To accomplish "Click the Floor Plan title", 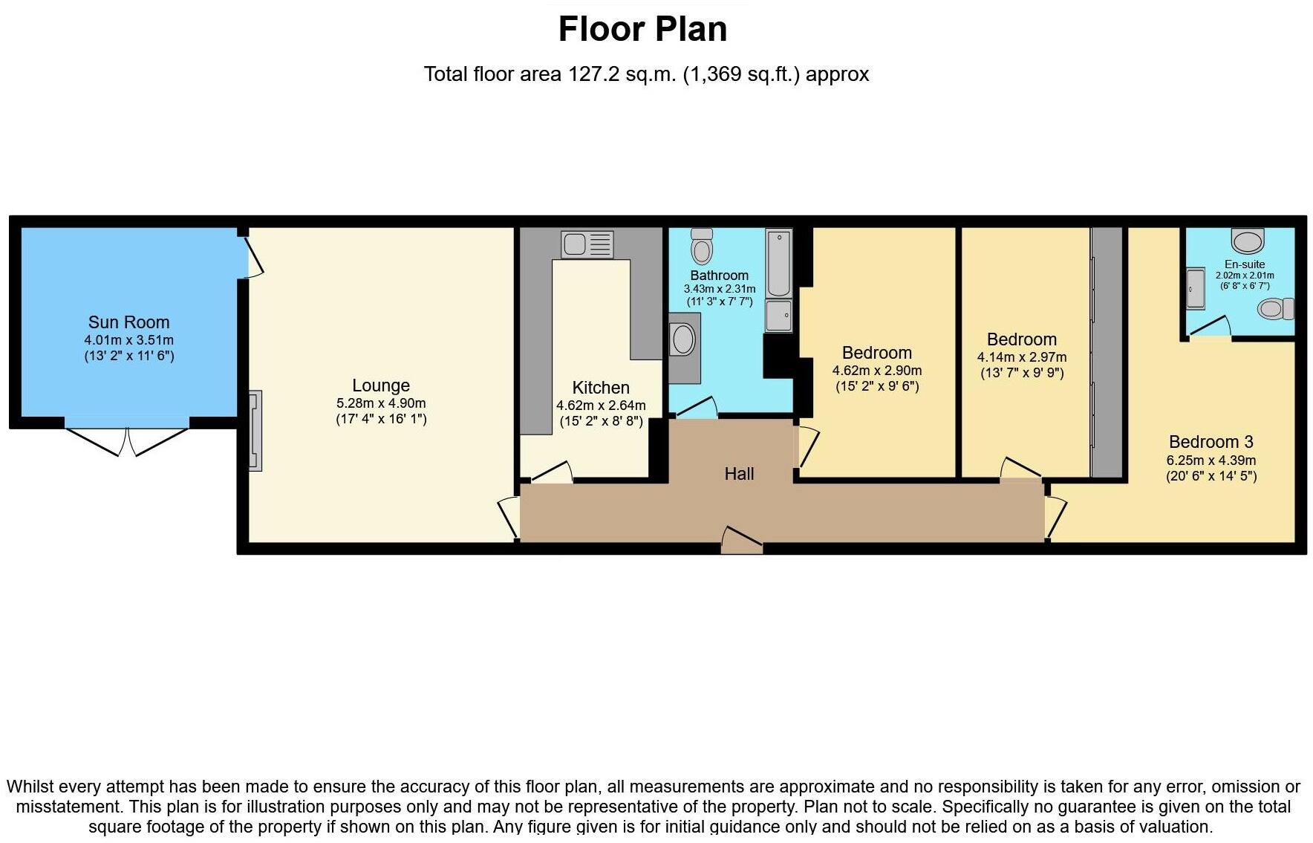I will pos(642,30).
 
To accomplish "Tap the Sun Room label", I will pos(128,322).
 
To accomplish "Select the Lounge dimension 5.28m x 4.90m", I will pos(381,403).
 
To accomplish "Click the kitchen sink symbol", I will pos(587,244).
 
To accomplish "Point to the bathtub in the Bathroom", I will pos(779,263).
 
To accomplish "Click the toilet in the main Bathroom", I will pos(702,246).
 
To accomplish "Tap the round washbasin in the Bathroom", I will pos(683,340).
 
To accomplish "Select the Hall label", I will pos(739,474).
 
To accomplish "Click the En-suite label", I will pos(1245,264).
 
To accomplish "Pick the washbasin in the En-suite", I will pos(1248,241).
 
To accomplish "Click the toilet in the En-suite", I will pos(1276,308).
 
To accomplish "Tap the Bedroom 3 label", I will pos(1211,442).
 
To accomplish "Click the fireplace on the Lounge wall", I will pos(255,431).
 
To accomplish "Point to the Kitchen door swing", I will pos(552,472).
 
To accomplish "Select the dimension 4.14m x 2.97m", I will pos(1021,357).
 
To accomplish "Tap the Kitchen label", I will pos(601,388).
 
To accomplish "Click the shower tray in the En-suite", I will pos(1195,288).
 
